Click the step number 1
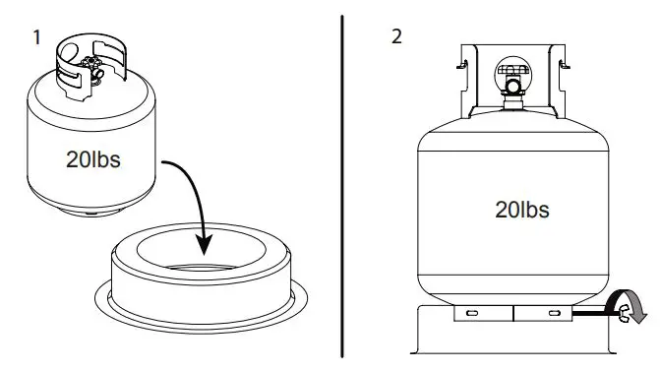click(x=36, y=37)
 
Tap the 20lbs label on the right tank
click(x=521, y=209)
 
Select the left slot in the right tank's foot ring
click(x=472, y=313)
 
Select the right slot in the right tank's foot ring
click(x=553, y=313)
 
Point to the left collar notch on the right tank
click(x=461, y=68)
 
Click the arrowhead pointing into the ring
click(x=204, y=246)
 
